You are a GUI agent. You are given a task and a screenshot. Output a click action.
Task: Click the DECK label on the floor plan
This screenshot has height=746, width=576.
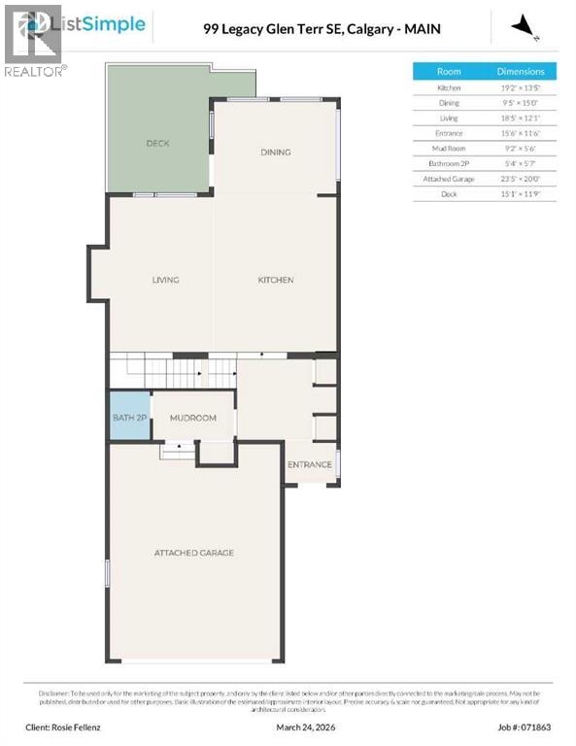coord(157,144)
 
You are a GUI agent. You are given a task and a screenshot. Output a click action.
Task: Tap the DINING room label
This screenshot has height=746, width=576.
coord(275,153)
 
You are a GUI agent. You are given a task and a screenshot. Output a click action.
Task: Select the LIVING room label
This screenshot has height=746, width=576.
coord(165,281)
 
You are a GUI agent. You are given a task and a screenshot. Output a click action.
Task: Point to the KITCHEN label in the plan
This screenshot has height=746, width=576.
coord(275,281)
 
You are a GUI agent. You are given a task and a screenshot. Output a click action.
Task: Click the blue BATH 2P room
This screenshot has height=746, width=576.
coord(128,418)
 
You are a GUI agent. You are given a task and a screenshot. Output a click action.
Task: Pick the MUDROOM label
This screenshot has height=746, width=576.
coord(192,418)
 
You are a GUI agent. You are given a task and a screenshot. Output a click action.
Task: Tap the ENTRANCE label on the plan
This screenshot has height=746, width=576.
coord(310,464)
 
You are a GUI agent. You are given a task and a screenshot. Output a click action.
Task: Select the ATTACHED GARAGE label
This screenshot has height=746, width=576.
coord(193,553)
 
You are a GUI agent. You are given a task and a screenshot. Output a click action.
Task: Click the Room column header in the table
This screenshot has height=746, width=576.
coord(449,72)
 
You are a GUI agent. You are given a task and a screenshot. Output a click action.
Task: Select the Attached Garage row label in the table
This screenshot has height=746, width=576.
coord(449,179)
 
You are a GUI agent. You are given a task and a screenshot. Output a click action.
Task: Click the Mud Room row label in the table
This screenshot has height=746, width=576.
coord(449,149)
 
